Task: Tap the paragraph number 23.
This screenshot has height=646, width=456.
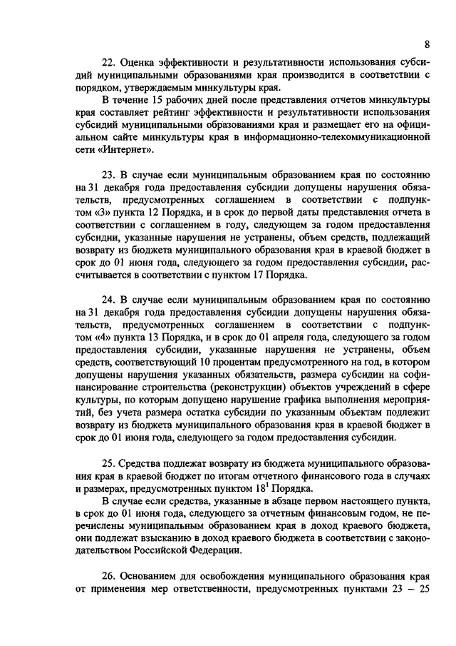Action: tap(108, 174)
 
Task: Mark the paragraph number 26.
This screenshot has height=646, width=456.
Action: tap(108, 576)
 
